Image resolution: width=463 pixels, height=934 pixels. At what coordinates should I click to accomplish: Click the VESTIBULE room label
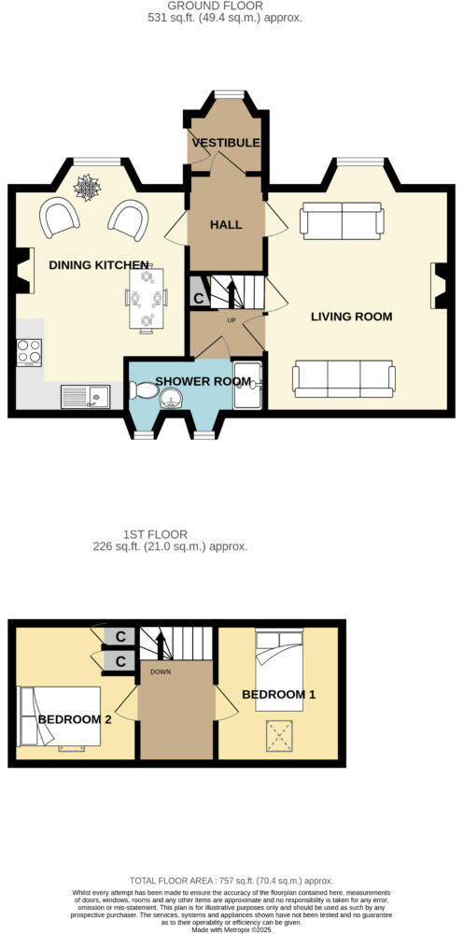[x=226, y=143]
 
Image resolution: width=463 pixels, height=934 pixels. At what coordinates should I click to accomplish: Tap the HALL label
[x=226, y=225]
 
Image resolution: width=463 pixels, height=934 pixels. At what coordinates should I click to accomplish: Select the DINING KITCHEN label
[x=99, y=265]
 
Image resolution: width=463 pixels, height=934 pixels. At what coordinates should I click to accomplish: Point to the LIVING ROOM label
[x=352, y=317]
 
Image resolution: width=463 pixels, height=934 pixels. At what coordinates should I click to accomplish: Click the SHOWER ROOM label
[x=203, y=381]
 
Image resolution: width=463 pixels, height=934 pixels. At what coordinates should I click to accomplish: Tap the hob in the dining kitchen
[x=29, y=351]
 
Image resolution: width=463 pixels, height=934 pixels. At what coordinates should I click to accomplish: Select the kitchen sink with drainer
[x=85, y=396]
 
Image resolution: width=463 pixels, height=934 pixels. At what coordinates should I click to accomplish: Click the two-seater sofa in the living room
[x=342, y=221]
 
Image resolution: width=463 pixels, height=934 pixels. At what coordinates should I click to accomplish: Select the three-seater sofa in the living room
[x=344, y=376]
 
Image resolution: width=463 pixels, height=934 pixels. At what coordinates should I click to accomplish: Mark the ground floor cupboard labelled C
[x=197, y=299]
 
